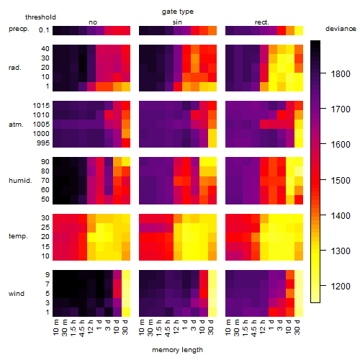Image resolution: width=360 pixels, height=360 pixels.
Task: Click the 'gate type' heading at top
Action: (178, 12)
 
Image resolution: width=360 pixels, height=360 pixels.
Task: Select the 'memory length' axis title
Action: (177, 350)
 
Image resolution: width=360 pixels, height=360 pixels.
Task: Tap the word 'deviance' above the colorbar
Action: (341, 29)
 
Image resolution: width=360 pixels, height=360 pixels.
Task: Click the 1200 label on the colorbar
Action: (341, 287)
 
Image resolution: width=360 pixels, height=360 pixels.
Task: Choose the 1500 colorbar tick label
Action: (341, 181)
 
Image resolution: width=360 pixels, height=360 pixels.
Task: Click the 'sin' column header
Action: (177, 22)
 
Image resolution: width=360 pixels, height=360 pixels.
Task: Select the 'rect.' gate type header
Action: (262, 22)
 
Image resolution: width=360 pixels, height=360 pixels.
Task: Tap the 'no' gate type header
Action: (93, 22)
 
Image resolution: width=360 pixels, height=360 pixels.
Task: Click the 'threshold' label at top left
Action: (40, 17)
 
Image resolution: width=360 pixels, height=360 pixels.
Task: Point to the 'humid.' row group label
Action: (20, 181)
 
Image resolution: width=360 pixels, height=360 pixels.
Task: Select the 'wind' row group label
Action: (17, 294)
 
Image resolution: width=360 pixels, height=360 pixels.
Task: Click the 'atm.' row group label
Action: (16, 125)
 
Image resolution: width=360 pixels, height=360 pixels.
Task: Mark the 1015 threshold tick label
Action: (41, 106)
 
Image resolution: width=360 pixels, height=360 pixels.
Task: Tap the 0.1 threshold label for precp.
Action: (44, 30)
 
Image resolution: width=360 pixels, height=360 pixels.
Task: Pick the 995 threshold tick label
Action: (43, 143)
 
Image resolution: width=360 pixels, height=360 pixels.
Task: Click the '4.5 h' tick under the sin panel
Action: (168, 328)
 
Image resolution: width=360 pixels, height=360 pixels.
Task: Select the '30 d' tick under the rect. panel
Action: (297, 328)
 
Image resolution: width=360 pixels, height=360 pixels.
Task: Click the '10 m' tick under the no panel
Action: (55, 328)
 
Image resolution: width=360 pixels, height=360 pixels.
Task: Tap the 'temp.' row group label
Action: (18, 236)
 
